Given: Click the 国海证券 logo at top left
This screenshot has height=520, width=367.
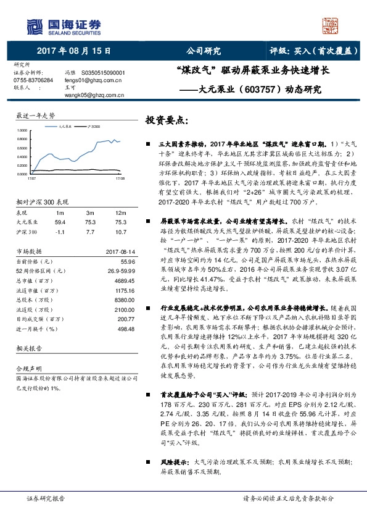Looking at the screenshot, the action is pos(58,25).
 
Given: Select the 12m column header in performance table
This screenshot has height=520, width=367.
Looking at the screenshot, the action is pos(121,212).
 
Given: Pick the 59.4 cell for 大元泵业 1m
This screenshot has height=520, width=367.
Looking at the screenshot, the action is pos(60,221).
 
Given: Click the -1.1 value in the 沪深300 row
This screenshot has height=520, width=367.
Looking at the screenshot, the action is pos(60,230).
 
